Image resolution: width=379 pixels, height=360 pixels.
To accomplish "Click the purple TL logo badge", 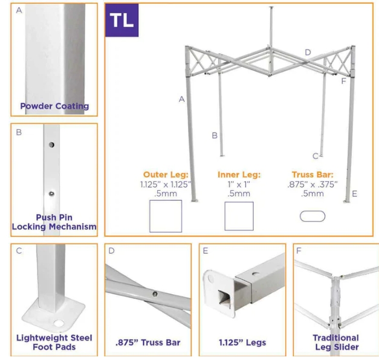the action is click(x=122, y=20).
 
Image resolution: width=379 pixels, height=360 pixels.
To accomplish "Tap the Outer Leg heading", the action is click(x=166, y=175).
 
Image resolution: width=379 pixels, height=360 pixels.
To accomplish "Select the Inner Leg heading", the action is click(x=239, y=175).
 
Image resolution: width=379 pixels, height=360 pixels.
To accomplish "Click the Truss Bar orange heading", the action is click(x=313, y=175).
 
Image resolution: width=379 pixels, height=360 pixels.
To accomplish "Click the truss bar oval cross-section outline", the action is click(x=313, y=211).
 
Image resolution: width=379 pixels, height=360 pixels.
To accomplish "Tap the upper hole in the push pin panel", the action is click(x=51, y=145).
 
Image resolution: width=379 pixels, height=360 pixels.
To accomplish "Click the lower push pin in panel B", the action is click(x=51, y=193).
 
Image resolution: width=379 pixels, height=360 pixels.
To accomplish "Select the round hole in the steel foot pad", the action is click(x=59, y=323).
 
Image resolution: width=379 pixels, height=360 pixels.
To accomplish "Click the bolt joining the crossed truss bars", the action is click(x=155, y=294).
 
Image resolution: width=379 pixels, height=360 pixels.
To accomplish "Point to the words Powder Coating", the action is click(x=54, y=106).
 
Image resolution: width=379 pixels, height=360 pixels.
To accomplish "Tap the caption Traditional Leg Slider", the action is click(x=336, y=342).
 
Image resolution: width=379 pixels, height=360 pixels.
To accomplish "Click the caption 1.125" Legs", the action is click(x=242, y=342).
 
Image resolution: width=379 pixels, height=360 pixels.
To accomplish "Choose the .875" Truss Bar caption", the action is click(x=148, y=342).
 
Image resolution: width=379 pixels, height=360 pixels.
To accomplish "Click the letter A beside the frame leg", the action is click(x=182, y=99).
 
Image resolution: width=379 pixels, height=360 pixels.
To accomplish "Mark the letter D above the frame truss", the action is click(x=308, y=52).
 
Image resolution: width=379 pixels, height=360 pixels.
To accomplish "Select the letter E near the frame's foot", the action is click(x=354, y=194).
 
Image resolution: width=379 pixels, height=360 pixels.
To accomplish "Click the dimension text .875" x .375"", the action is click(x=313, y=184).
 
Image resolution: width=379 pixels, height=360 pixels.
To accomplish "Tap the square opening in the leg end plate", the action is click(x=224, y=299).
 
